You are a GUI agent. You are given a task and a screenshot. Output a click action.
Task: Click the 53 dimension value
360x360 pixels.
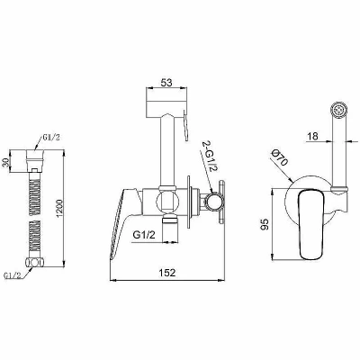[x=166, y=82]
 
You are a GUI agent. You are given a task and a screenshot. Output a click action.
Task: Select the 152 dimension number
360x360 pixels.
[x=167, y=273]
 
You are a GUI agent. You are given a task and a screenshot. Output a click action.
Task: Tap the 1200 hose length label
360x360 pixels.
[x=58, y=208]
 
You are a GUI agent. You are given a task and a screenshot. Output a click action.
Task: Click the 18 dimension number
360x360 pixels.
[x=312, y=136]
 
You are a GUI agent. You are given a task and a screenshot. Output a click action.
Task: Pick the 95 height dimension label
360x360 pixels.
[x=265, y=224]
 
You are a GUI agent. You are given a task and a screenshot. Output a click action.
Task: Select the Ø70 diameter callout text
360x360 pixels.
[x=280, y=157]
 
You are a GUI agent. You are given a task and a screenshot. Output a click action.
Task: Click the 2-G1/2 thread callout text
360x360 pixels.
[x=209, y=157]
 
